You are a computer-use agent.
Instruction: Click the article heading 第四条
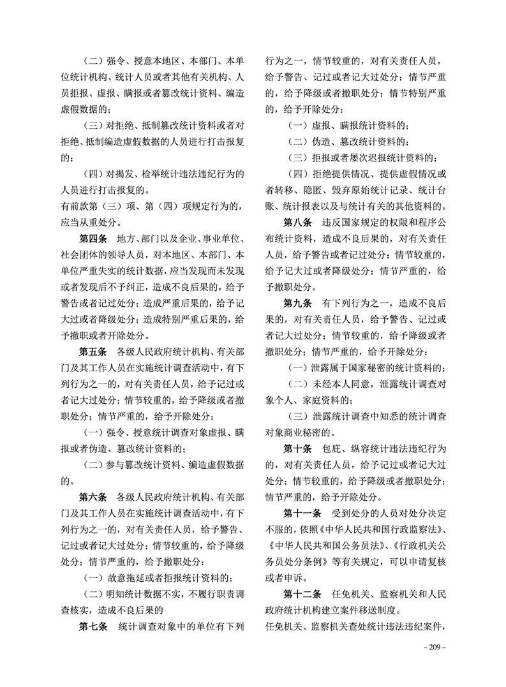click(93, 238)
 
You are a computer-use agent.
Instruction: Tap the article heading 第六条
click(93, 496)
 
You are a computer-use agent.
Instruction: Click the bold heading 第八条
click(298, 221)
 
